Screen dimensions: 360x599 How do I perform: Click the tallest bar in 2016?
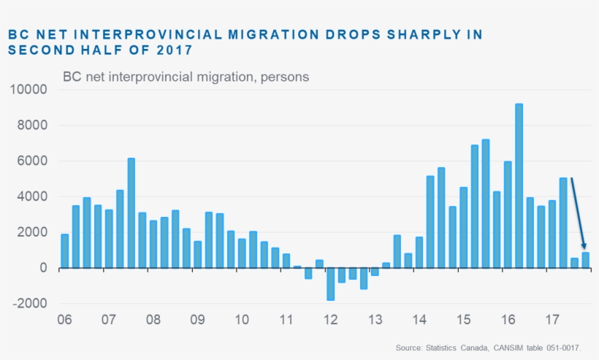[519, 185]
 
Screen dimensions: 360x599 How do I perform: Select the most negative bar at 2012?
[330, 284]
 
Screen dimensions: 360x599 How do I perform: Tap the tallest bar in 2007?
[131, 212]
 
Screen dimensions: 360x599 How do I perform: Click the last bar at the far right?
[585, 260]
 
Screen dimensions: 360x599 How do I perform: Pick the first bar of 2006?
[64, 250]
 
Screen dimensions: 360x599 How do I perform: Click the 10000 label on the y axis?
[28, 90]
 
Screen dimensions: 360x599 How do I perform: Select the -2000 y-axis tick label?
[28, 304]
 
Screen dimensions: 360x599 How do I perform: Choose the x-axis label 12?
[330, 319]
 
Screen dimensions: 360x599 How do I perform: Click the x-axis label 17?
[552, 319]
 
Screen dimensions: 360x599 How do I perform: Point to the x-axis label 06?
[64, 319]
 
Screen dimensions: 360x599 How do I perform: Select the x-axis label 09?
[197, 319]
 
